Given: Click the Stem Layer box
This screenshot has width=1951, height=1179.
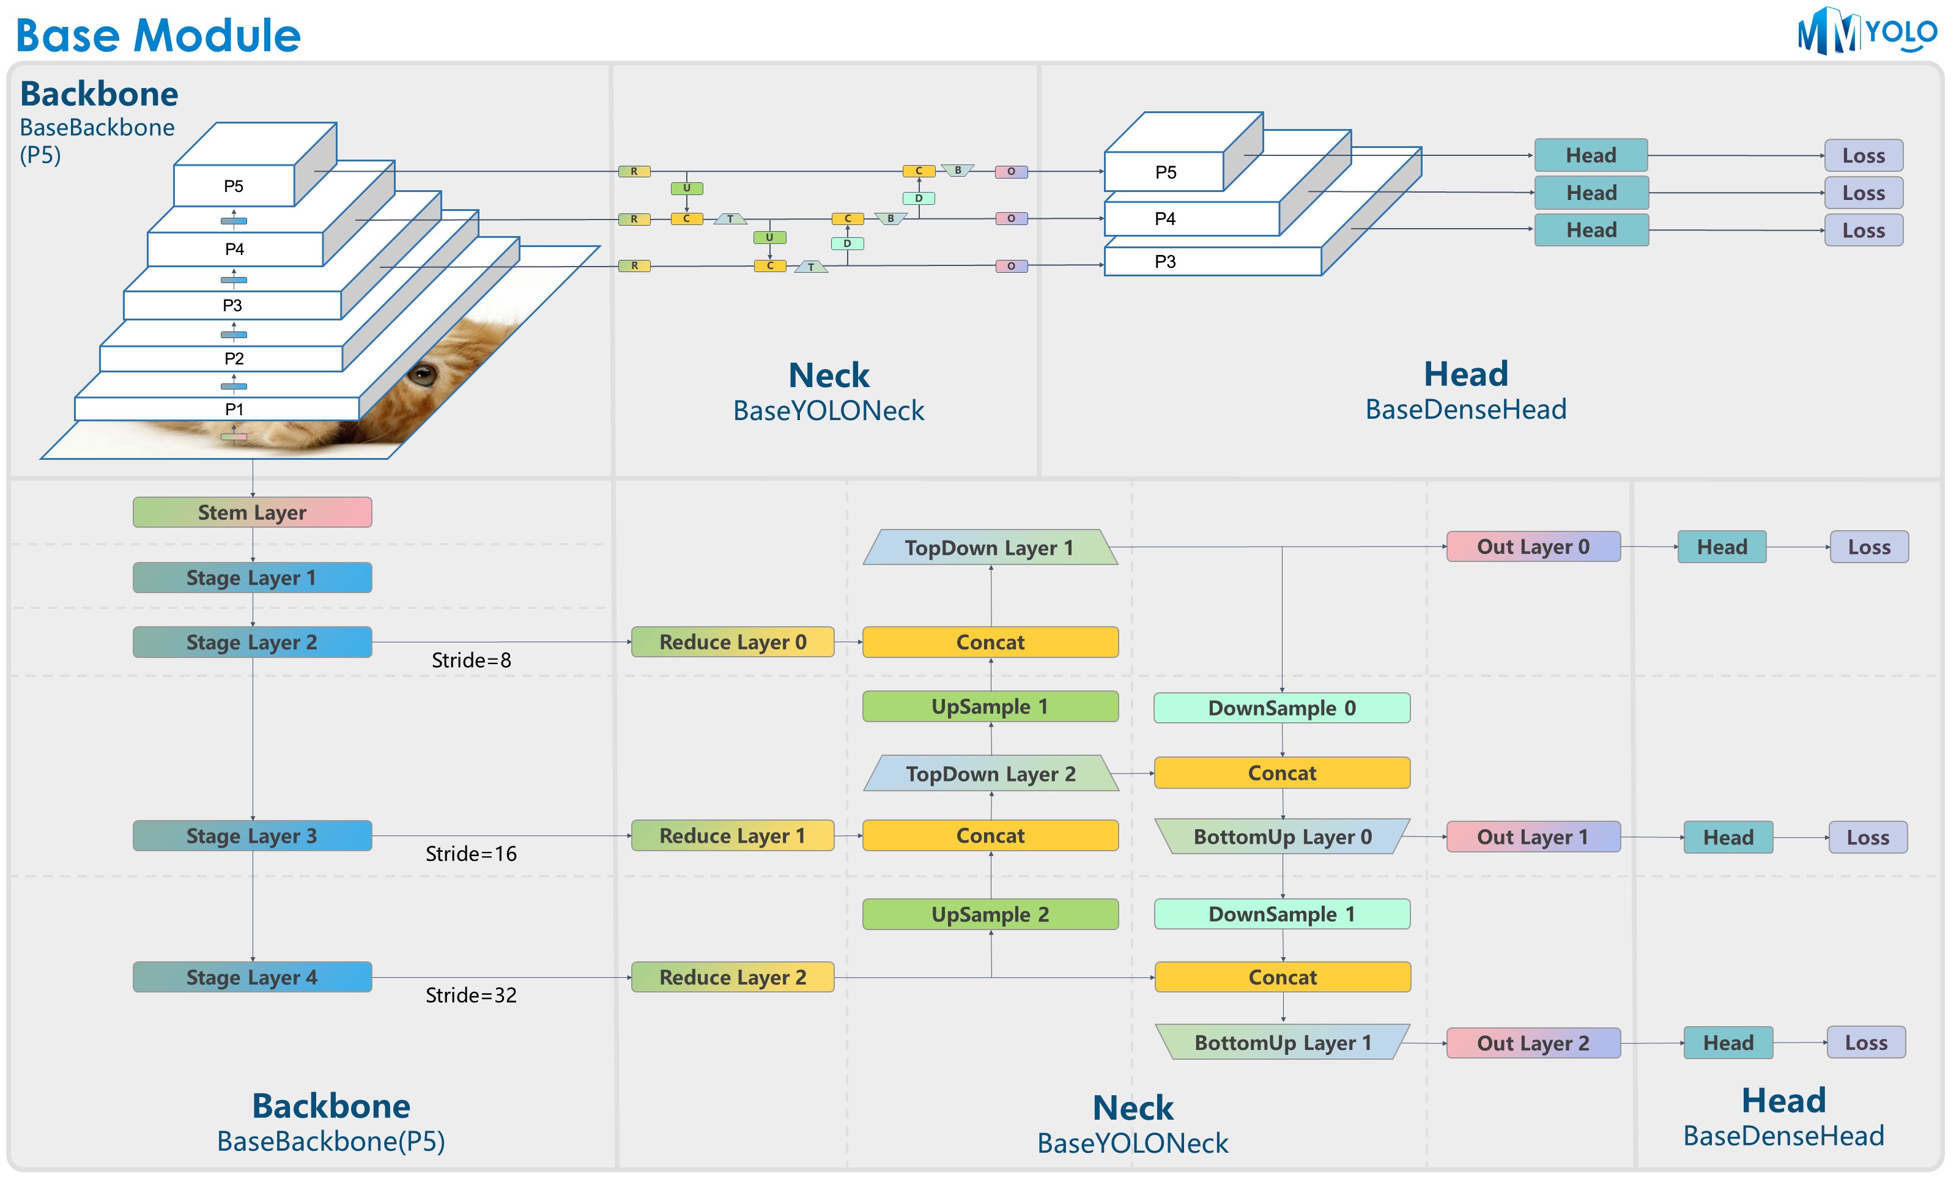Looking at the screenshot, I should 252,512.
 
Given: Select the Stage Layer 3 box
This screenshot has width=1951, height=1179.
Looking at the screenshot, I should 252,835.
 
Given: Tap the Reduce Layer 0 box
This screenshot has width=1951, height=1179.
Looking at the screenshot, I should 733,641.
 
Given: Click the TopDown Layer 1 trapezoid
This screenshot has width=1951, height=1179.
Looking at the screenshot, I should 990,547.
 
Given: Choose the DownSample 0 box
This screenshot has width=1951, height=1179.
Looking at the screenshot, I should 1281,708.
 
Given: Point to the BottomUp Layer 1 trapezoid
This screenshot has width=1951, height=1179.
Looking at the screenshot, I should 1283,1042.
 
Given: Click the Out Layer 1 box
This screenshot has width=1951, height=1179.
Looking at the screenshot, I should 1533,837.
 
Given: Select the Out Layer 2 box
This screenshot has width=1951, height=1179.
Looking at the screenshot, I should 1533,1043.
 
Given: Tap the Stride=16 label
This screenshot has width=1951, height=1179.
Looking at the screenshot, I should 471,854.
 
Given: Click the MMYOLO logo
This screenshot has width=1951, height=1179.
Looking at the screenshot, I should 1865,32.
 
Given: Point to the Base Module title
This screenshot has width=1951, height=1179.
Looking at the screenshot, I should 158,35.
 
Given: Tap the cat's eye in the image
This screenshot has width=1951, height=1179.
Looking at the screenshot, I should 422,374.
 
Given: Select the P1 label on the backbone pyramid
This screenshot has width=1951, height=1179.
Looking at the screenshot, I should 234,409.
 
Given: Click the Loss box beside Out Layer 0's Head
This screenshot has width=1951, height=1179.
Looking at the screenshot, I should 1868,547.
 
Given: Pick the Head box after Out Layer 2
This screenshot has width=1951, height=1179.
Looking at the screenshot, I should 1728,1043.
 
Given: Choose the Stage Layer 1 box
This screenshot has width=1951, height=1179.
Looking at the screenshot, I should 252,577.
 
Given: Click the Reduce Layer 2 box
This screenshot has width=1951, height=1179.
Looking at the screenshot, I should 733,977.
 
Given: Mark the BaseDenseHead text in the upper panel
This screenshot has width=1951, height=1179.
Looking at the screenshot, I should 1465,409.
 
